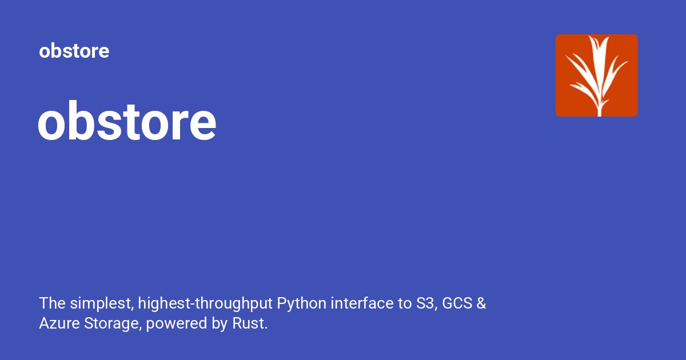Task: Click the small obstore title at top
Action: click(x=74, y=51)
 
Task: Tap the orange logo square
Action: click(x=596, y=75)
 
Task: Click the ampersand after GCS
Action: click(x=481, y=303)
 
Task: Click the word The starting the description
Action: click(x=51, y=303)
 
